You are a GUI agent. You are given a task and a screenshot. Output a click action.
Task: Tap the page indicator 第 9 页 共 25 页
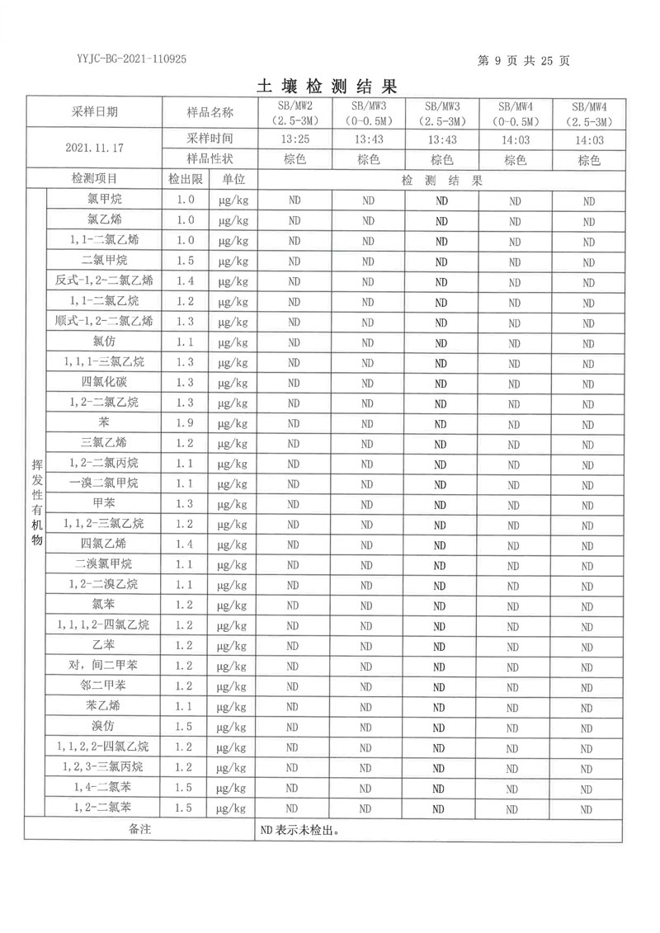click(x=524, y=60)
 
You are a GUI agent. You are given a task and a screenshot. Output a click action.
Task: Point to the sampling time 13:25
click(x=295, y=139)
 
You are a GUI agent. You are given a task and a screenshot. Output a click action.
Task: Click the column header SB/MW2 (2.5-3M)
click(x=295, y=112)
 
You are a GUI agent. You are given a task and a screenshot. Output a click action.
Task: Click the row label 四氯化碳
click(x=105, y=382)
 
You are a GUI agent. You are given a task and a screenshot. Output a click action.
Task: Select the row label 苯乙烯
click(x=104, y=706)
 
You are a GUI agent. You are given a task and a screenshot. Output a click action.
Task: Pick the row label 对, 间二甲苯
click(x=104, y=666)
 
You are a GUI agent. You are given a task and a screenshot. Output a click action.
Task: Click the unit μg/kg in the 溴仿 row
click(x=233, y=727)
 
